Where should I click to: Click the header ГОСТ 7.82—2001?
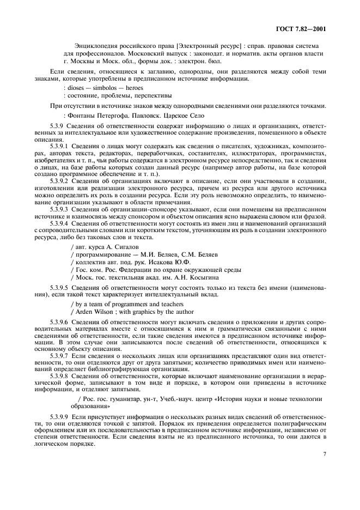click(x=302, y=29)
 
